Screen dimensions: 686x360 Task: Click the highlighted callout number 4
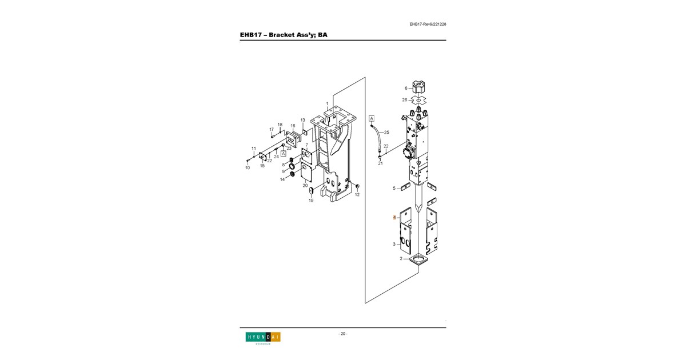394,218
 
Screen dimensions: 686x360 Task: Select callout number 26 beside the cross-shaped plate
405,100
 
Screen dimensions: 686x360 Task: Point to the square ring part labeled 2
418,259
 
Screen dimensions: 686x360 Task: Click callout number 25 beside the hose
386,132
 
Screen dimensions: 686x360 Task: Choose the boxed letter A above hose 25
372,118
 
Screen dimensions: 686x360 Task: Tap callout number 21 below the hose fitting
380,163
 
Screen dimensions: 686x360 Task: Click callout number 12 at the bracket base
357,195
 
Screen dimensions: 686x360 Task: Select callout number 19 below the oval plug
311,201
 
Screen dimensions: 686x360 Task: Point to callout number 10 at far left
248,168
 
